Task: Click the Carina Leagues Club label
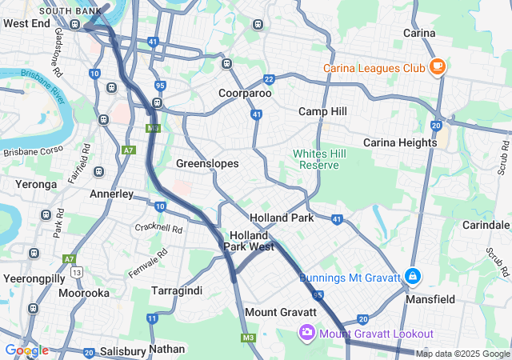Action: [374, 68]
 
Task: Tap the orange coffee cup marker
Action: [437, 67]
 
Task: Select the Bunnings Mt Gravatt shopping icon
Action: [412, 278]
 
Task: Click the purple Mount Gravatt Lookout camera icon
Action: [306, 332]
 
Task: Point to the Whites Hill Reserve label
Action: [315, 158]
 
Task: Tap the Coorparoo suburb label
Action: [245, 94]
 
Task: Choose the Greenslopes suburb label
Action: [207, 163]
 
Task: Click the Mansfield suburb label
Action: [433, 299]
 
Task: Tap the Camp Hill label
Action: [323, 111]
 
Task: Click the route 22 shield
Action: [269, 79]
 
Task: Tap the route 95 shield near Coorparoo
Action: [160, 85]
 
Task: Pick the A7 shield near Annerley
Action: [130, 150]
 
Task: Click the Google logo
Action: [26, 350]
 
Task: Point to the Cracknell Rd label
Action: [159, 228]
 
